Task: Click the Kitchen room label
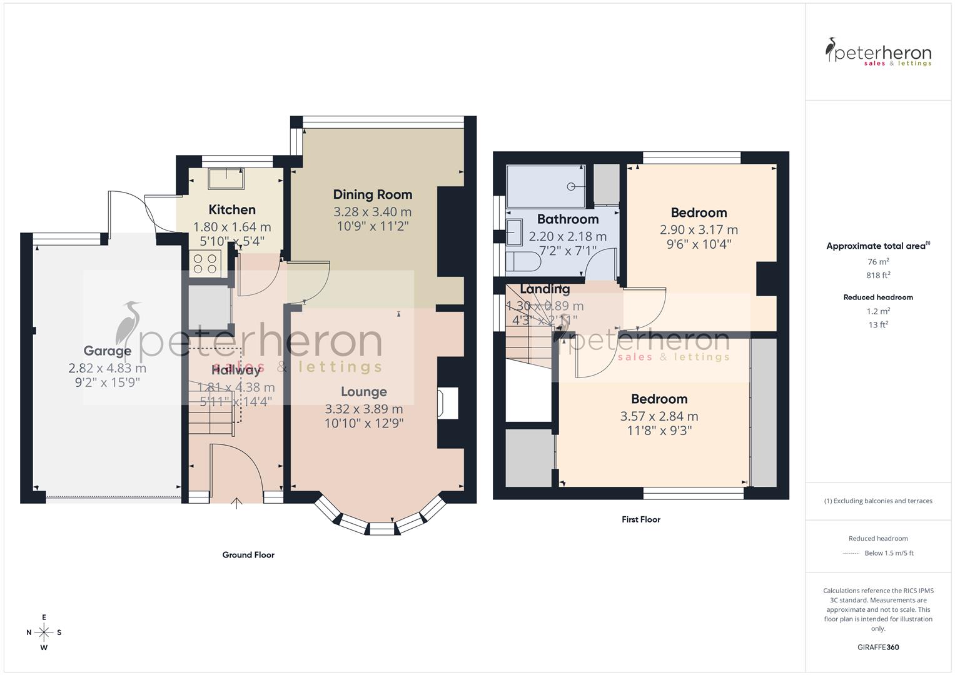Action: [x=231, y=210]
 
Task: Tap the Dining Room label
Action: [x=372, y=194]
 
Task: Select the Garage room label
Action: [x=107, y=351]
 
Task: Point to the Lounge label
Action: [x=363, y=392]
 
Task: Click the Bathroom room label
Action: [x=567, y=219]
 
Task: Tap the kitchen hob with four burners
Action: [x=205, y=262]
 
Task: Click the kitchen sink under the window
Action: [x=226, y=178]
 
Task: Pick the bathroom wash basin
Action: [x=515, y=232]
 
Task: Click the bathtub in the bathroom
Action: [x=545, y=186]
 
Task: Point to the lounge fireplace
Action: [x=448, y=404]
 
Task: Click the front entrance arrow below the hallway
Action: [x=236, y=503]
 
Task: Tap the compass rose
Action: [x=44, y=632]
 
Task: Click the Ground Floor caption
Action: [x=248, y=555]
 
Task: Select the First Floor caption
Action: [x=640, y=519]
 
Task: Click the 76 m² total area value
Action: [x=878, y=262]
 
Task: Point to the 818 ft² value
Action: [x=878, y=276]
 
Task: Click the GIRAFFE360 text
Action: [x=878, y=647]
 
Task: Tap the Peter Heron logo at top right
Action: [x=878, y=52]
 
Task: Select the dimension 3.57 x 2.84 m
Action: [x=659, y=416]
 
